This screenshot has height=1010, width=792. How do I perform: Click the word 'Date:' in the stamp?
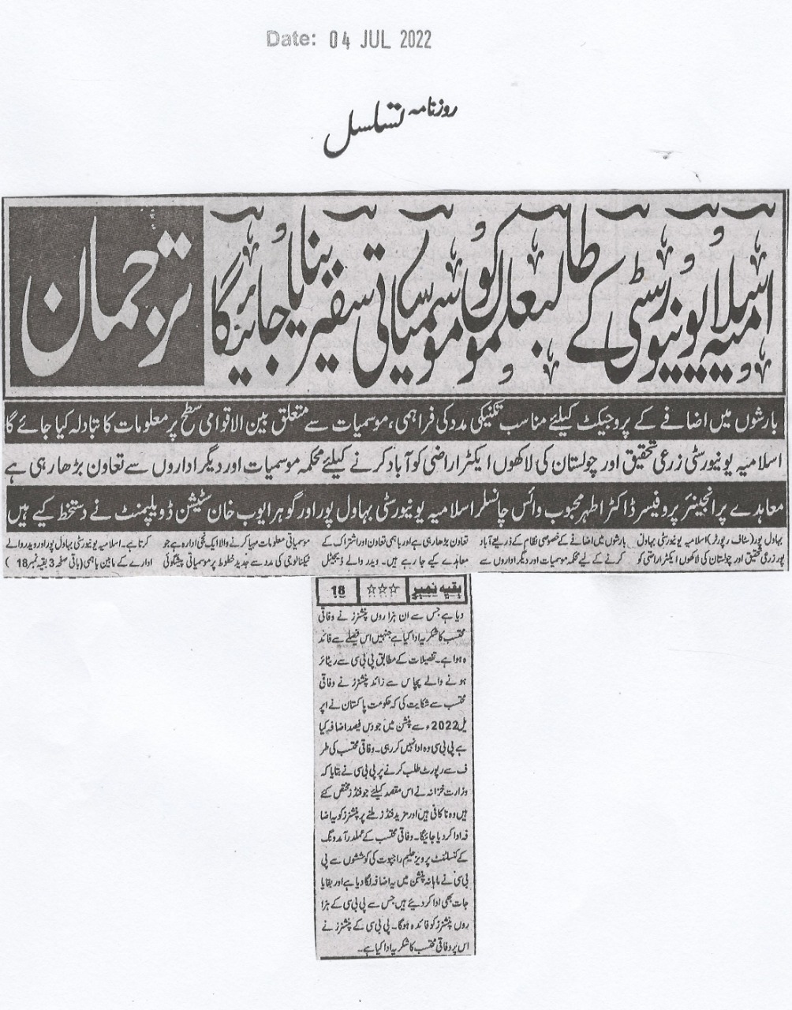[290, 39]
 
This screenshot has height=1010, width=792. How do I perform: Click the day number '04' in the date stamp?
[335, 39]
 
